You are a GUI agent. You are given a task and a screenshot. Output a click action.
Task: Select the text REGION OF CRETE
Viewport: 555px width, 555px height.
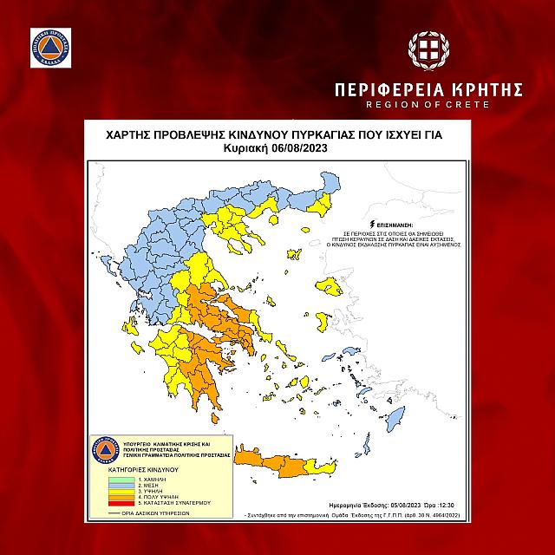coord(429,105)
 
